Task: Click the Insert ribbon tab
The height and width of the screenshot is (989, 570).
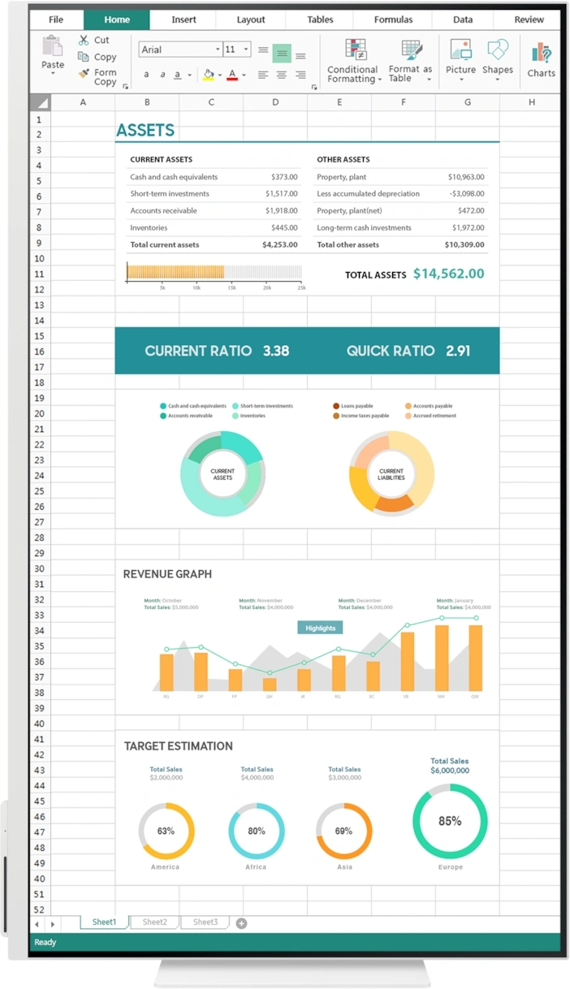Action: click(x=184, y=19)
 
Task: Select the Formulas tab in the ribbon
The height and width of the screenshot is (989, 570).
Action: click(x=393, y=19)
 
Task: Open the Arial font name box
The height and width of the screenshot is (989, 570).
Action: click(x=179, y=50)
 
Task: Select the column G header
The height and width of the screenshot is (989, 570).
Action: click(x=468, y=102)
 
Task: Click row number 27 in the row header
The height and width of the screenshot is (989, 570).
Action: click(x=38, y=522)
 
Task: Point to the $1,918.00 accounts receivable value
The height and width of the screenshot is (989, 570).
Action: click(x=281, y=210)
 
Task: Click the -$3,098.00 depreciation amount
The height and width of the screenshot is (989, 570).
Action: click(x=466, y=193)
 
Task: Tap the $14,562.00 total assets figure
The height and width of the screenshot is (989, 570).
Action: click(x=448, y=274)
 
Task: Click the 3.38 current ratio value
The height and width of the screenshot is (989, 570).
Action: click(x=276, y=351)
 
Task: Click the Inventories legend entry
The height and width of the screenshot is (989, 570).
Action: click(x=252, y=416)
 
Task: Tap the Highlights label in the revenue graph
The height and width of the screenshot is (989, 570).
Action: click(x=320, y=628)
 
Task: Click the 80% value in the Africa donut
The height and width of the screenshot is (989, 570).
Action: click(x=257, y=831)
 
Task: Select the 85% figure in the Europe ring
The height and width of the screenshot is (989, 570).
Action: click(x=450, y=821)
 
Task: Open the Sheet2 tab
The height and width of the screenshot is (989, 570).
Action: click(x=154, y=922)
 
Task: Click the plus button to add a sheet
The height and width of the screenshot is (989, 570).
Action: click(x=241, y=923)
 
